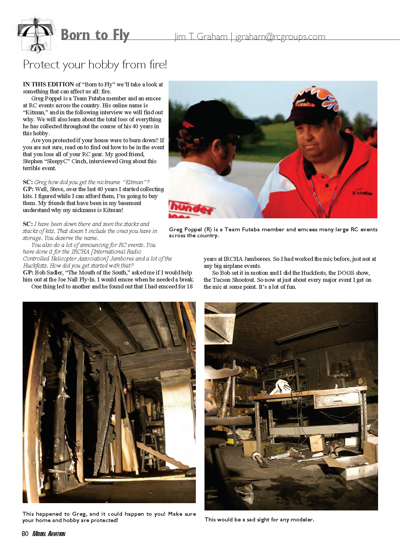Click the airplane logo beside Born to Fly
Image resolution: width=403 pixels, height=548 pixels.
(36, 35)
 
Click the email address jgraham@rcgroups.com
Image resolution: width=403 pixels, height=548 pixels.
(280, 37)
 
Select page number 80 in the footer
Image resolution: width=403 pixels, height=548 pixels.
(25, 534)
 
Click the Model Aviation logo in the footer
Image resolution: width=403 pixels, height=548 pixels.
(49, 534)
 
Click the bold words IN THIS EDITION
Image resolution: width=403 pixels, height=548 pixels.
(49, 84)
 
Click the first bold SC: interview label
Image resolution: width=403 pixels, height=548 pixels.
(28, 182)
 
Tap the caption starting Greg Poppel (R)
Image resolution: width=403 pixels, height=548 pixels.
(273, 232)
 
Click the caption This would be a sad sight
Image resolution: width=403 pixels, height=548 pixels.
(259, 519)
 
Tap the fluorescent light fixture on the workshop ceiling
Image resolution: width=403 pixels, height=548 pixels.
(306, 332)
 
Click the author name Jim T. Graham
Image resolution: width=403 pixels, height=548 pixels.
(201, 37)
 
